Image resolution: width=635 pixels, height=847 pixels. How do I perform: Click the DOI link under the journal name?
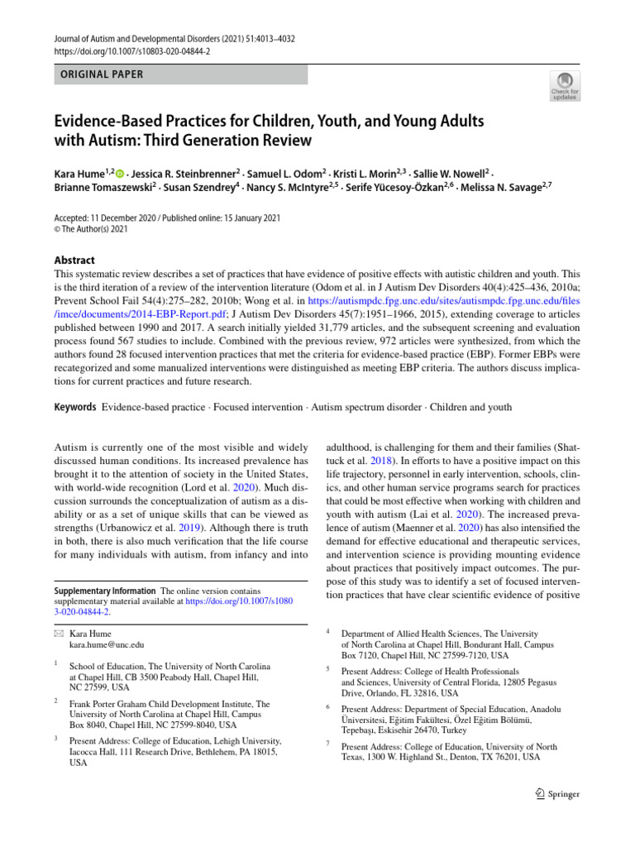tap(132, 51)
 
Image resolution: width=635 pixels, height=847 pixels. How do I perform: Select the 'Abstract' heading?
tap(74, 260)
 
